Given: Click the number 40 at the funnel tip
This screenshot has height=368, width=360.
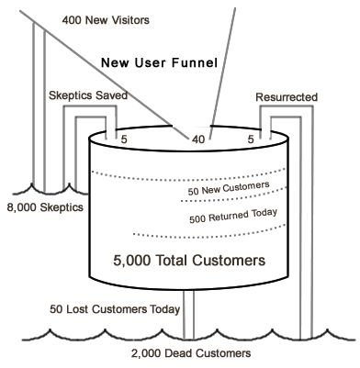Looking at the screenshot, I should [x=197, y=139].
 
